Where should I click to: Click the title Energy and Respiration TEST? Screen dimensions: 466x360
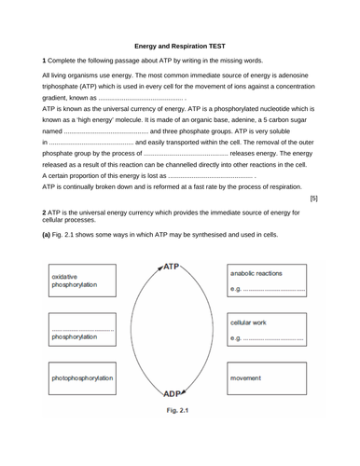click(180, 44)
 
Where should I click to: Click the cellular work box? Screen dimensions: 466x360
click(267, 331)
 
